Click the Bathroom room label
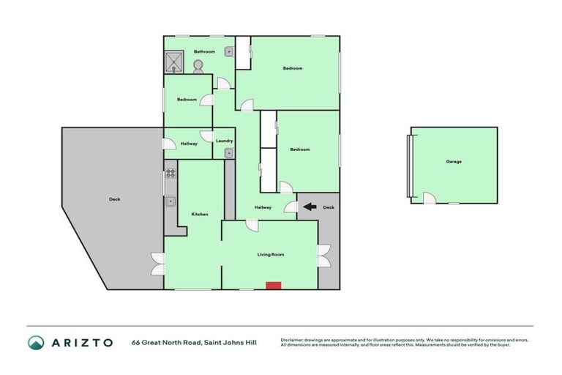point(204,51)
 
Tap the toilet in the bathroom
point(198,65)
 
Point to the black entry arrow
point(310,207)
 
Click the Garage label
point(454,161)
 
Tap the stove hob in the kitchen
point(171,174)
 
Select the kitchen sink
point(171,200)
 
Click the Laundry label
point(225,141)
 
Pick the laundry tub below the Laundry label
point(228,153)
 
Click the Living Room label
point(270,254)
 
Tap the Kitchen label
point(200,214)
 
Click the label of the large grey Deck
point(114,199)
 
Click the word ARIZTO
point(82,342)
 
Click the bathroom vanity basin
point(228,51)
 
